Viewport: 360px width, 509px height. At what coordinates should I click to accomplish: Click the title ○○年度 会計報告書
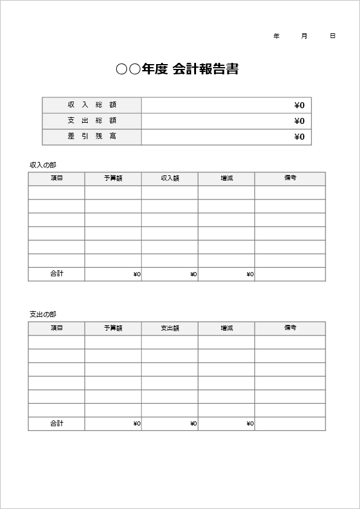tap(177, 69)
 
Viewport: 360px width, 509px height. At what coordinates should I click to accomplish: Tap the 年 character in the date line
tap(277, 36)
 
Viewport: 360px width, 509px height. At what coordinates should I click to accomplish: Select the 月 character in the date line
tap(304, 36)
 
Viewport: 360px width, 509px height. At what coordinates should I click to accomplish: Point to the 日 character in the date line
tap(333, 36)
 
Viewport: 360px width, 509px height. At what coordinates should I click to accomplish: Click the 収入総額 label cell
tap(92, 105)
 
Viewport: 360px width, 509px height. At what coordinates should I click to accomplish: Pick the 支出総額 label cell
tap(92, 121)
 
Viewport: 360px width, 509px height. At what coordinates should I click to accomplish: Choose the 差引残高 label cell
tap(92, 137)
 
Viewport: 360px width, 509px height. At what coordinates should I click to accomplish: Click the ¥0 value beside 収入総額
tap(299, 106)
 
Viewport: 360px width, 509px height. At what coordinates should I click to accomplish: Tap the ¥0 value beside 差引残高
tap(299, 137)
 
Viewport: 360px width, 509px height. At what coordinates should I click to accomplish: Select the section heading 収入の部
tap(43, 165)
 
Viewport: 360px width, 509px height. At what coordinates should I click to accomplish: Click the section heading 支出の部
tap(43, 314)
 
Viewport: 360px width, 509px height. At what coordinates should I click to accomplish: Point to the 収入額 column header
tap(170, 178)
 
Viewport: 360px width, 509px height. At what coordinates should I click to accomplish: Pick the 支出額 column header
tap(170, 328)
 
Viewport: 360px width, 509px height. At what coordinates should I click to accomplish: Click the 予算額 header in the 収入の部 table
tap(113, 178)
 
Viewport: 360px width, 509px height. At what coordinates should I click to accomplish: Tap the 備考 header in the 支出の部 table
tap(290, 328)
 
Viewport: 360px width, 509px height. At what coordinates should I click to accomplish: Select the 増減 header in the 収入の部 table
tap(226, 178)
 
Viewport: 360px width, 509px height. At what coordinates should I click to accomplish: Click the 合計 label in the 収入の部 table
tap(57, 274)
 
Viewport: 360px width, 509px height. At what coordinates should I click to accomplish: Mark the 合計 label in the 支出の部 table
tap(57, 424)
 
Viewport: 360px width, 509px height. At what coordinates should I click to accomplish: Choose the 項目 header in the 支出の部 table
tap(57, 328)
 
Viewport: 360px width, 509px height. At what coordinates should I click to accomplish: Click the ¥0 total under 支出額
tap(193, 424)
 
